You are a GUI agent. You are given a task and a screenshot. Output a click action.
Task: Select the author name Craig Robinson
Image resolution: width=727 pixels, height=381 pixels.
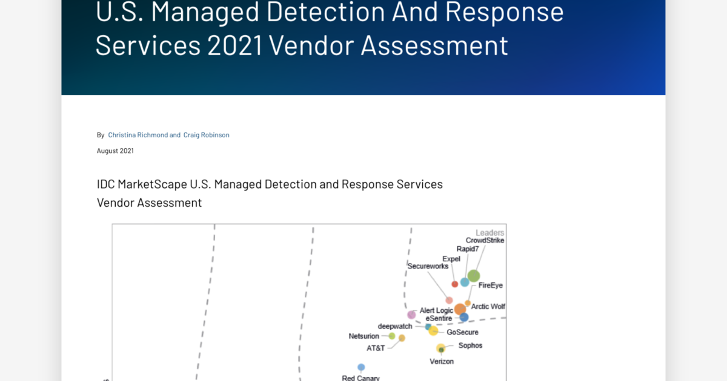(206, 135)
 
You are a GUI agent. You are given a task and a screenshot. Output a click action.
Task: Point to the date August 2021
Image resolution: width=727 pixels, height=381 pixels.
(115, 151)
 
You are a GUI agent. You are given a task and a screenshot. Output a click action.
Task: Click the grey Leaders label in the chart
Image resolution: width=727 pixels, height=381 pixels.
(490, 233)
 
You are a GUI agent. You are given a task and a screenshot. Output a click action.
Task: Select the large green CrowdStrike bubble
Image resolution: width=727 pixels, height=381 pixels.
(474, 276)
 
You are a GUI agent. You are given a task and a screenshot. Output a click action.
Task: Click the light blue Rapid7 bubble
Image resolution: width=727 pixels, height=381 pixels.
(465, 282)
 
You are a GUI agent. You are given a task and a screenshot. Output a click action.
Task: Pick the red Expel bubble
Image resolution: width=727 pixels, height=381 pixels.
(455, 284)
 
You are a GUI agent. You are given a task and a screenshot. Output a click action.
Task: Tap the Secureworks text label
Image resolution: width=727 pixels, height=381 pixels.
(428, 266)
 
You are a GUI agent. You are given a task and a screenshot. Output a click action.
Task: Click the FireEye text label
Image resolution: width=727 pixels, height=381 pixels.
(490, 285)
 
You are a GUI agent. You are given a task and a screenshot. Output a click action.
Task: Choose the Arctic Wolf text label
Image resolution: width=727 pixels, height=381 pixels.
(488, 307)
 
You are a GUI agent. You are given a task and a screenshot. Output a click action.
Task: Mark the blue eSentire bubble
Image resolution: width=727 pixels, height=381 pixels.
(464, 317)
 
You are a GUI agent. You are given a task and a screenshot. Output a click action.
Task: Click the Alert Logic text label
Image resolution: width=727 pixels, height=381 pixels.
(436, 311)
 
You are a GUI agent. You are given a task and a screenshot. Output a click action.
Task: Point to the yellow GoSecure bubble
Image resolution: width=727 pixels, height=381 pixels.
(433, 331)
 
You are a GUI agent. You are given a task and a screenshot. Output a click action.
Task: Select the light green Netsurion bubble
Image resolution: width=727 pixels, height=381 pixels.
(392, 336)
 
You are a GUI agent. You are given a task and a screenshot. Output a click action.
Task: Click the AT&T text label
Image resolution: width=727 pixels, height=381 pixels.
(376, 348)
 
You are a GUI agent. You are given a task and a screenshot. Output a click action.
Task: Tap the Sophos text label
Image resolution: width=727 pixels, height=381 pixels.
(470, 346)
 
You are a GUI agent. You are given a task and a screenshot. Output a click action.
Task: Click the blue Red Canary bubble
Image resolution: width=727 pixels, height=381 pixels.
(361, 367)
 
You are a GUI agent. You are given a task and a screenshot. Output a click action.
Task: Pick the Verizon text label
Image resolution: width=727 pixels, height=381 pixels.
(441, 362)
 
